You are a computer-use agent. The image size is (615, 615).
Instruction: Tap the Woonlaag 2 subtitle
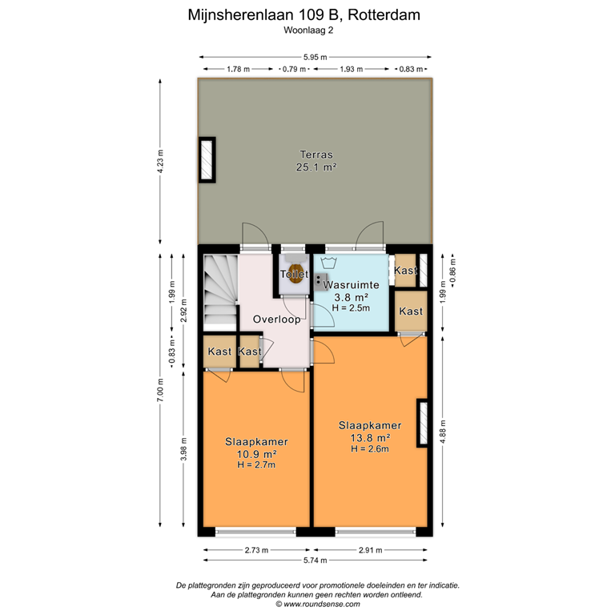307,30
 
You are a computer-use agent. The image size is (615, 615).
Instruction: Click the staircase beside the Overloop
219,290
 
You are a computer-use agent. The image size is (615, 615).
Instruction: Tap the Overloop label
276,319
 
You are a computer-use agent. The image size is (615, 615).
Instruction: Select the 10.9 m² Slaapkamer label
256,453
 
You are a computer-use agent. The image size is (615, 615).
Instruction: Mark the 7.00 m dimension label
161,392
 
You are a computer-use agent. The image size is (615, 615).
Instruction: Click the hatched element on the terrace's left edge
207,160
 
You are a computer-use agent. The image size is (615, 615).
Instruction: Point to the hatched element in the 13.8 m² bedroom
422,423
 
